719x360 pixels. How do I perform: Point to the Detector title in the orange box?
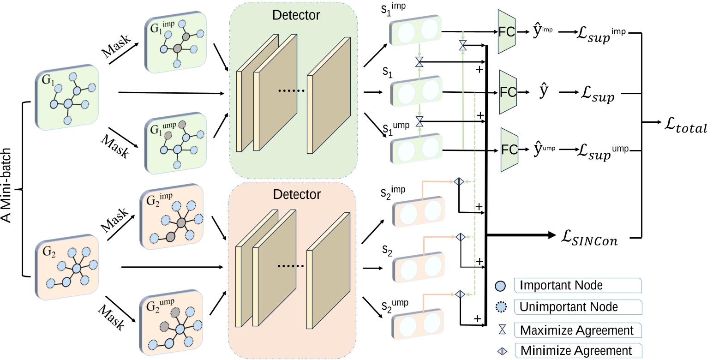pos(296,194)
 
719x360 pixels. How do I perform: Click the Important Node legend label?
pos(561,285)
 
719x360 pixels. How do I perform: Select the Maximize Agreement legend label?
pos(576,330)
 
